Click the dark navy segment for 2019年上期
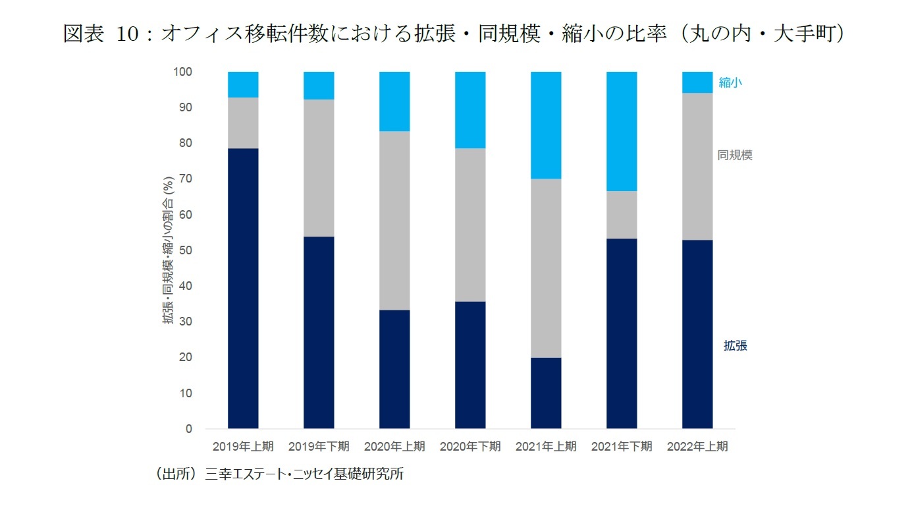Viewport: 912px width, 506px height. pos(243,288)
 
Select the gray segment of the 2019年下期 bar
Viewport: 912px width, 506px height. pos(319,168)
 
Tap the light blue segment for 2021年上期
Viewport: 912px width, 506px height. pos(546,125)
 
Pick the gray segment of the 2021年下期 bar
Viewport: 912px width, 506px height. pos(622,215)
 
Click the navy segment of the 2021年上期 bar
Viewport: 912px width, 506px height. pos(546,393)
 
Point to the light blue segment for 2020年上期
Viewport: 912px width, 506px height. pos(394,101)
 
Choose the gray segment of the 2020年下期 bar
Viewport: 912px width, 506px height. pos(470,225)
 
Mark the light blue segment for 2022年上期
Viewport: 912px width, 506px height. pos(697,82)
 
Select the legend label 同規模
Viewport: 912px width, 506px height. pos(735,155)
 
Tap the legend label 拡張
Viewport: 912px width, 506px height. pos(735,345)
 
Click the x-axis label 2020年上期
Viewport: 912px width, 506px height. pos(394,447)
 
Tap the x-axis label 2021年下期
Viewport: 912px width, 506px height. pos(622,447)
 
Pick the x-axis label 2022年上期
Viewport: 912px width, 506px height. pos(697,447)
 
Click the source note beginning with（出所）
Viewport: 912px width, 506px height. pos(277,474)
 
